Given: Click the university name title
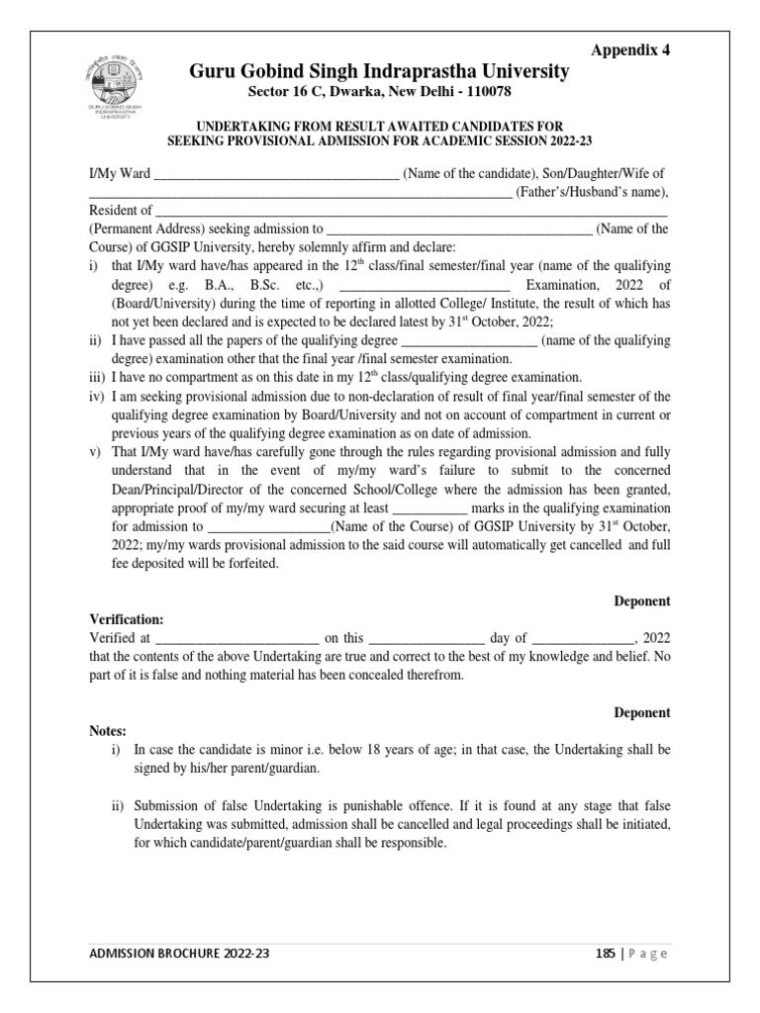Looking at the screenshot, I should (x=380, y=71).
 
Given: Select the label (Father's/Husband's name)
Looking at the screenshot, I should (x=593, y=192).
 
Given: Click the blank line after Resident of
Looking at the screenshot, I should (x=413, y=211).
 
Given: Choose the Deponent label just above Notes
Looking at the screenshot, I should (x=642, y=712).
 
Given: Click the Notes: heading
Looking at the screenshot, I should (x=108, y=731).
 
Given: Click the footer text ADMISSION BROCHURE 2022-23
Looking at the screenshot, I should (x=178, y=954).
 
